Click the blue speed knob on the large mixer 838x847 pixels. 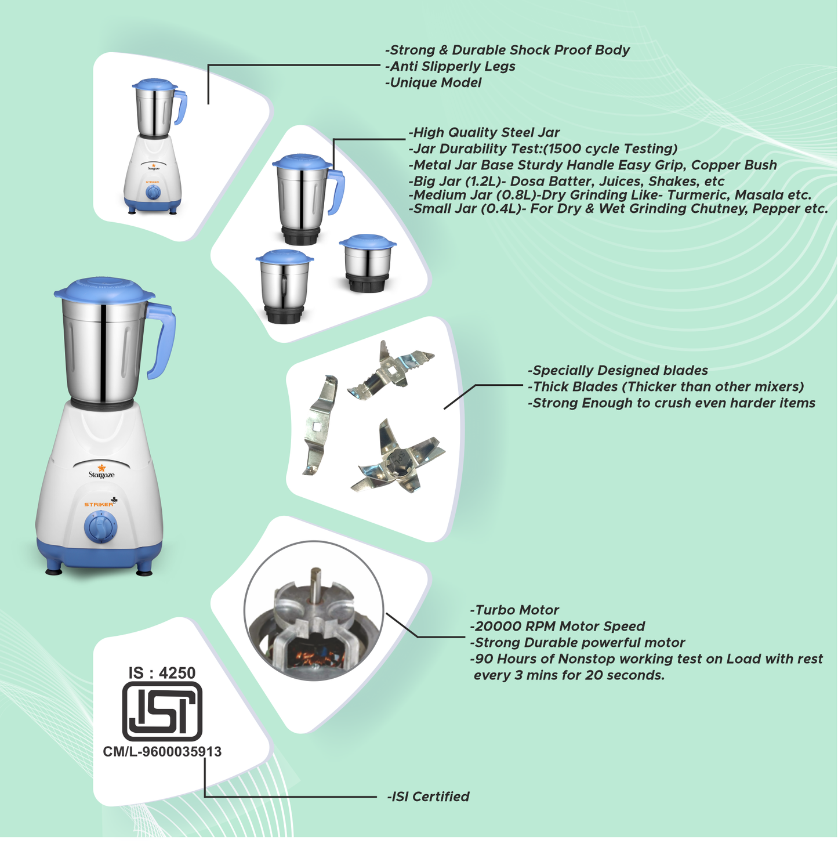click(100, 527)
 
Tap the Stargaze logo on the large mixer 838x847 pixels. click(101, 472)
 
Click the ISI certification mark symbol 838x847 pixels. click(162, 711)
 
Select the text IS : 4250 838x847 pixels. click(162, 673)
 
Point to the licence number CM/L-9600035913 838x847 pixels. click(162, 752)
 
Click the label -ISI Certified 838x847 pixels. click(428, 797)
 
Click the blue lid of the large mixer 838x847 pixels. click(104, 290)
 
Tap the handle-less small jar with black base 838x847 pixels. click(368, 264)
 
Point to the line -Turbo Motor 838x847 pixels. click(514, 610)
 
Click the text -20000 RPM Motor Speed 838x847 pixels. click(557, 626)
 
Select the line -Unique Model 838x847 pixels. click(433, 82)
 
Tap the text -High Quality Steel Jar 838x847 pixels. click(484, 132)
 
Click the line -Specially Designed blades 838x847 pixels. click(618, 370)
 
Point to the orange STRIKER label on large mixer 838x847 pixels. click(99, 504)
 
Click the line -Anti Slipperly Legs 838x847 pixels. click(450, 66)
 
